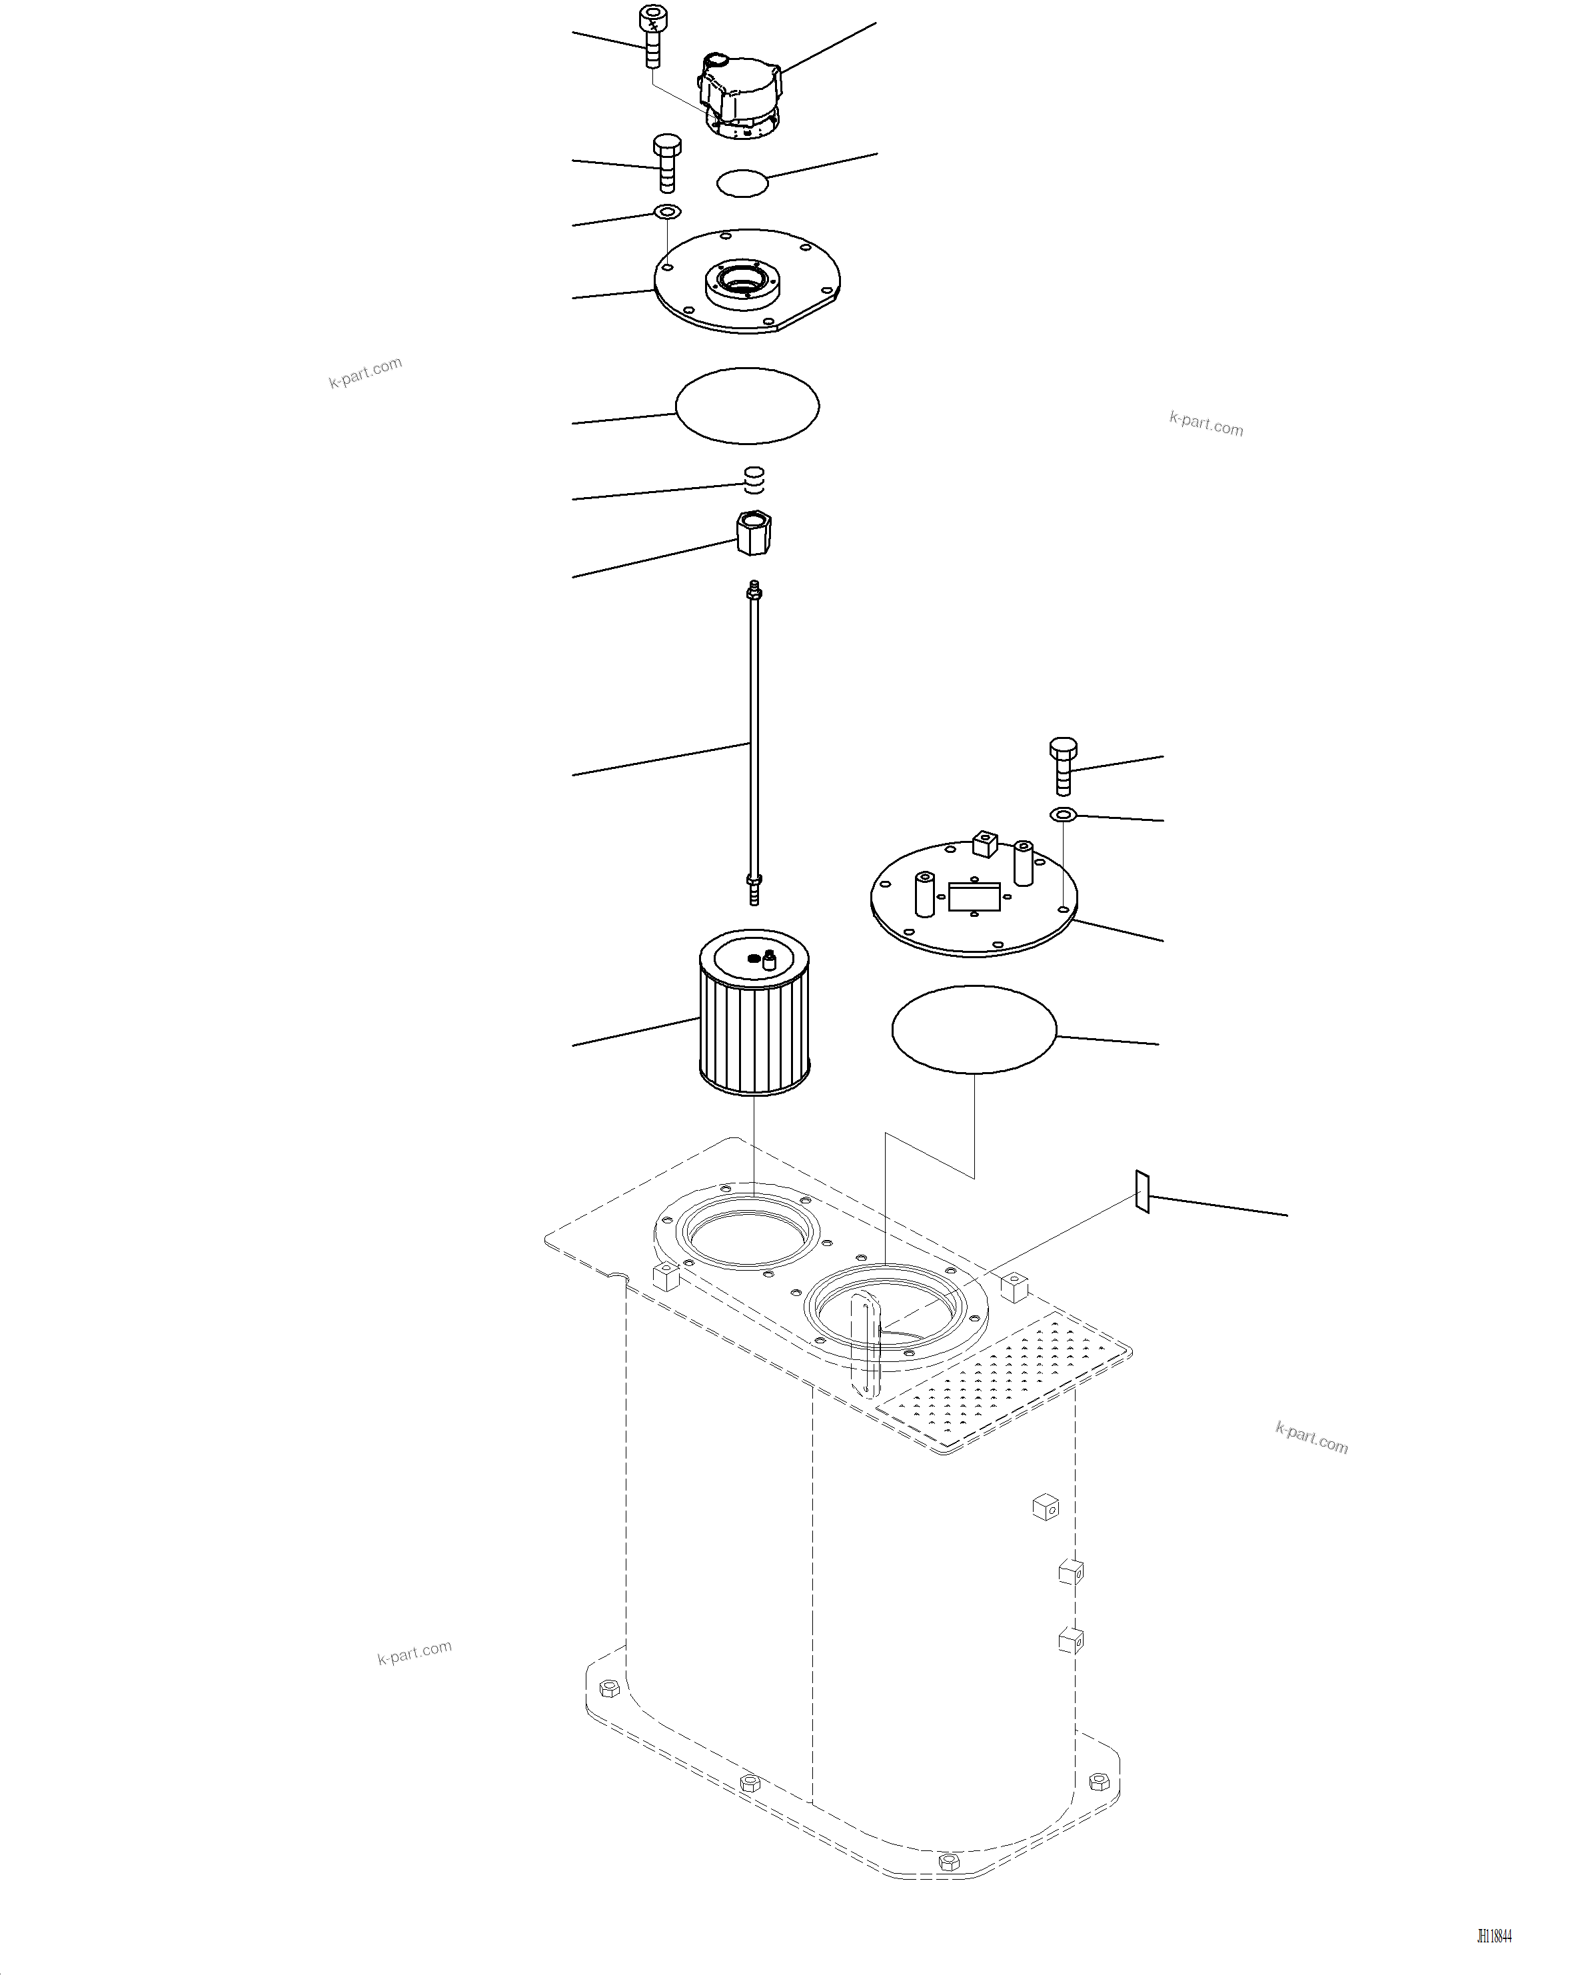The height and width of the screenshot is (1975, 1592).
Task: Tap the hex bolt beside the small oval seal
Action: pyautogui.click(x=666, y=164)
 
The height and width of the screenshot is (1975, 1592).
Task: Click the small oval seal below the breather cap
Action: pyautogui.click(x=742, y=183)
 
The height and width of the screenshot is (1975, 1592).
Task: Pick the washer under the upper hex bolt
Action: pyautogui.click(x=666, y=213)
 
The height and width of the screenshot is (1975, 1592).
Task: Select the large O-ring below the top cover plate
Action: pyautogui.click(x=748, y=405)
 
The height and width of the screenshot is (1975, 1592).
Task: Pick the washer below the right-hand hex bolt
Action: pyautogui.click(x=1063, y=814)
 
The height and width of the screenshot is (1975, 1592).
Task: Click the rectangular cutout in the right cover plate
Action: pyautogui.click(x=974, y=897)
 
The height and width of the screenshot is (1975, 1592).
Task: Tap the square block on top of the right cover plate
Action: pyautogui.click(x=984, y=843)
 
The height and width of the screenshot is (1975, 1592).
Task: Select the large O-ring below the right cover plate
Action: pyautogui.click(x=974, y=1029)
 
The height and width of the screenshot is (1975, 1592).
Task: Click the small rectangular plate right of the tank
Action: pyautogui.click(x=1142, y=1191)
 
